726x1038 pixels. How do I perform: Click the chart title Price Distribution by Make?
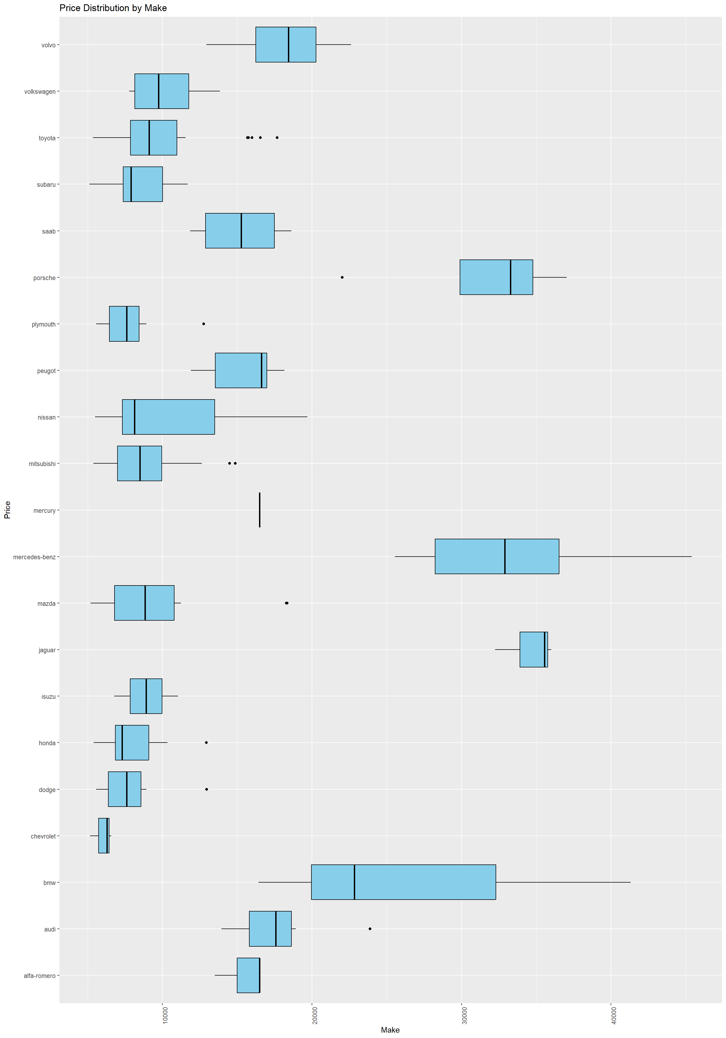[113, 8]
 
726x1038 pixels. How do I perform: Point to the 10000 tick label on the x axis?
[165, 1015]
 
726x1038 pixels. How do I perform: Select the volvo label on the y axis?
[48, 45]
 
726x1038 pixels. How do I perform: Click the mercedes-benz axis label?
[34, 557]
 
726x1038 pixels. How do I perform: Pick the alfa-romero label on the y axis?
[40, 976]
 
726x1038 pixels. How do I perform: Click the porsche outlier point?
[342, 277]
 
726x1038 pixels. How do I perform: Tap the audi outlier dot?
[370, 929]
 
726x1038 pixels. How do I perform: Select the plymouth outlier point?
[204, 324]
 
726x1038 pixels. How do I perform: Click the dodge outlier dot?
[206, 789]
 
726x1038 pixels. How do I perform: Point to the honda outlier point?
[206, 742]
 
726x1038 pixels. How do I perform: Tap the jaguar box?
[533, 649]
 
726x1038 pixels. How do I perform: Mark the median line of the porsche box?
[510, 277]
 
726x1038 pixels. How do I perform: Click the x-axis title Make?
[390, 1030]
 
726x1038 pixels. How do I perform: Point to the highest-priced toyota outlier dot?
[277, 137]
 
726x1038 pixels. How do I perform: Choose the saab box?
[240, 231]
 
